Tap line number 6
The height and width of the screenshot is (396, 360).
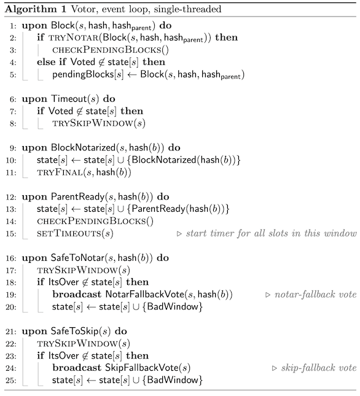tap(13, 99)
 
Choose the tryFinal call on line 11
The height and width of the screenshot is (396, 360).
tap(84, 173)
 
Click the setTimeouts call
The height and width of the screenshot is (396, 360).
tap(75, 233)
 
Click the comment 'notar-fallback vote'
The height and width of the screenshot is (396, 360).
tap(316, 295)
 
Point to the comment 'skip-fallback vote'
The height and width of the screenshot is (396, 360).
tap(319, 368)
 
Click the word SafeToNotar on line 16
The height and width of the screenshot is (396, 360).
tap(78, 258)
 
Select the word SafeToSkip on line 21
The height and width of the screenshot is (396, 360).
tap(74, 332)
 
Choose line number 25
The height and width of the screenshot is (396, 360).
tap(11, 380)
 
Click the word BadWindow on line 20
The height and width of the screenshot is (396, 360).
tap(173, 306)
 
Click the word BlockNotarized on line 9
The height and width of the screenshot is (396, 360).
tap(83, 147)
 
